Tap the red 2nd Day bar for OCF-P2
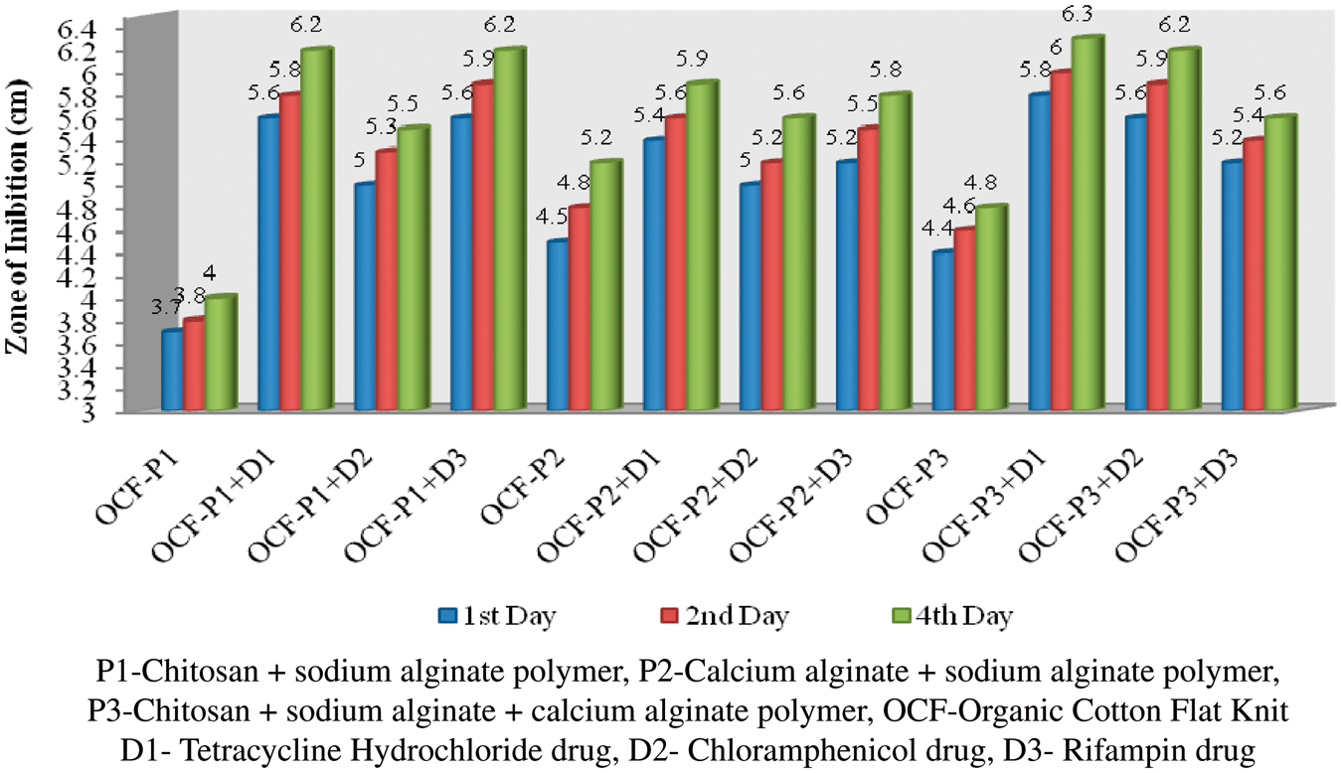[x=580, y=308]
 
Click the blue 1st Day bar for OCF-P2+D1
[x=654, y=274]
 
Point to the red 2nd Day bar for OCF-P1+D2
[x=388, y=280]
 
